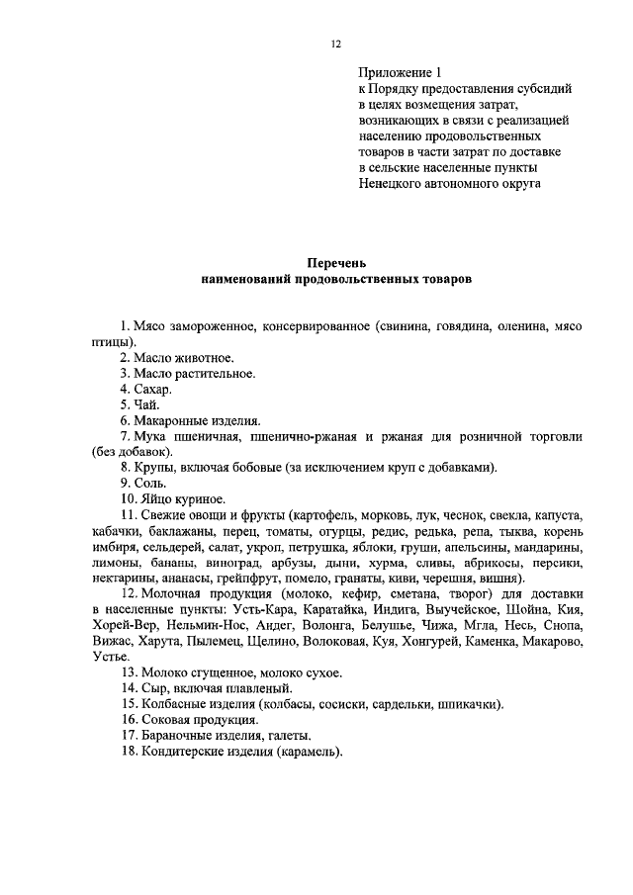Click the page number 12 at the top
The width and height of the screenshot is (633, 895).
(x=335, y=44)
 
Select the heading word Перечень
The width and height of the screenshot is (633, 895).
(x=335, y=263)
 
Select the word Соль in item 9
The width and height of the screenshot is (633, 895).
(x=151, y=484)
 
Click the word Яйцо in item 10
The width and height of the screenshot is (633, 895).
(x=156, y=499)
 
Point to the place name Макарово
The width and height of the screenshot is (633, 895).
(x=552, y=642)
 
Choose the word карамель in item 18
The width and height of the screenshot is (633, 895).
(x=307, y=752)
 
